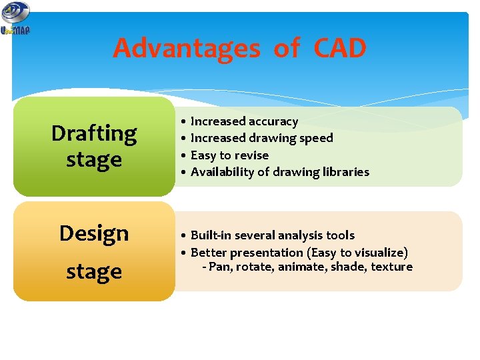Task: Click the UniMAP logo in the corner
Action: (15, 18)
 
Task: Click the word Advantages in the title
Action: (187, 49)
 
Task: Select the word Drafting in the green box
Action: (94, 133)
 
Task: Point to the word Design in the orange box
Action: (94, 233)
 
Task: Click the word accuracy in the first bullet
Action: (273, 121)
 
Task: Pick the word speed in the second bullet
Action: (317, 138)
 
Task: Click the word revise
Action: (253, 155)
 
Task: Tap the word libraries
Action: (345, 172)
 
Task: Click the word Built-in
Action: (209, 235)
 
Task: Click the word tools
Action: (339, 235)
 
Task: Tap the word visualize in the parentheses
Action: (379, 253)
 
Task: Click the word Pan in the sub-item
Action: (219, 267)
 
